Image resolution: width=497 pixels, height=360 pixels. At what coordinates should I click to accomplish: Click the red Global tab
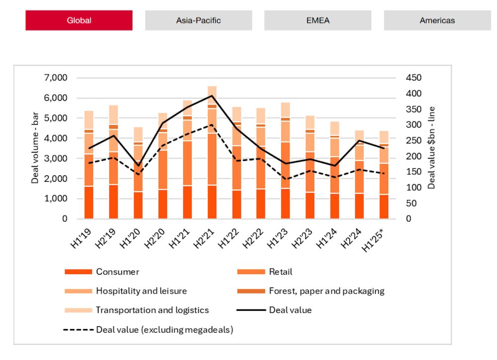pyautogui.click(x=79, y=20)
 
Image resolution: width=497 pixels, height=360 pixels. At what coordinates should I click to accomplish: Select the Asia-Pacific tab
pyautogui.click(x=198, y=20)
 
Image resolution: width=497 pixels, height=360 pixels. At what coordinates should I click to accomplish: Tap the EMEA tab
pyautogui.click(x=318, y=20)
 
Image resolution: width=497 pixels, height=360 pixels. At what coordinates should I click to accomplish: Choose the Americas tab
pyautogui.click(x=437, y=20)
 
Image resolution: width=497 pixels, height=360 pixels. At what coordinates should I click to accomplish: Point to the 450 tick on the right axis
pyautogui.click(x=414, y=78)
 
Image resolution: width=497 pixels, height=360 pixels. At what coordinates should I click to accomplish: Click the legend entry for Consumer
pyautogui.click(x=117, y=272)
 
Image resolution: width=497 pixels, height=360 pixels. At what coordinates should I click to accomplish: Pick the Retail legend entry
pyautogui.click(x=280, y=272)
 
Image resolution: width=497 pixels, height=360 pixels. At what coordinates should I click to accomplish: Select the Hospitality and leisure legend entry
pyautogui.click(x=141, y=291)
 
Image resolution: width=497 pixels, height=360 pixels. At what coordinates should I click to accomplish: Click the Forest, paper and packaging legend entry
pyautogui.click(x=326, y=291)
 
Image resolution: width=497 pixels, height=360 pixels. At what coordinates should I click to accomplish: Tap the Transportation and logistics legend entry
pyautogui.click(x=152, y=310)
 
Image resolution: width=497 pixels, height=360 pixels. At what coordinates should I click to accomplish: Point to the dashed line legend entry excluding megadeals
pyautogui.click(x=164, y=329)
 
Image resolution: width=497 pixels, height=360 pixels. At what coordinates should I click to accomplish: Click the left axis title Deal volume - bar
pyautogui.click(x=35, y=148)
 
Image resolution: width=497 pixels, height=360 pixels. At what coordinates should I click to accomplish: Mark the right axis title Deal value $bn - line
pyautogui.click(x=431, y=148)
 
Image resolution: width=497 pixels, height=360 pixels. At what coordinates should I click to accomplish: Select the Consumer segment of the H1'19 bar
pyautogui.click(x=89, y=203)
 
